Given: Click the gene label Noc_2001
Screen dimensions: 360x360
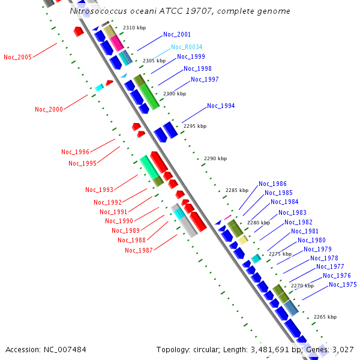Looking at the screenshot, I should point(176,35).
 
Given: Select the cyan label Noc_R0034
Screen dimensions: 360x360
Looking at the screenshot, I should point(186,47).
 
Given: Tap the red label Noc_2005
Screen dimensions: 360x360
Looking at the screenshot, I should point(17,58).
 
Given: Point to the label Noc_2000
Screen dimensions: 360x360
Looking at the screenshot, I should point(49,109).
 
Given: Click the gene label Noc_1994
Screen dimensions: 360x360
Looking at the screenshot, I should point(221,106).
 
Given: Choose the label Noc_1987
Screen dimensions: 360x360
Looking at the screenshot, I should point(139,250).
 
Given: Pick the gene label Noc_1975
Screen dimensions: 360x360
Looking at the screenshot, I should point(343,284).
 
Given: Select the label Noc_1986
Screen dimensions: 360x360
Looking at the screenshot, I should point(272,184).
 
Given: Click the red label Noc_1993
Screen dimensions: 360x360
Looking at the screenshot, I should point(99,190).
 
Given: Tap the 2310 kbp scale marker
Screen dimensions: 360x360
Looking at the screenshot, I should point(134,28).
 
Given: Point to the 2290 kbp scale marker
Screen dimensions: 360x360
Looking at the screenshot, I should point(215,158).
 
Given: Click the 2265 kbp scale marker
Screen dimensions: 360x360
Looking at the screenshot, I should point(325,317).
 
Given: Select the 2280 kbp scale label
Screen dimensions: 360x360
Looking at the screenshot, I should point(259,223).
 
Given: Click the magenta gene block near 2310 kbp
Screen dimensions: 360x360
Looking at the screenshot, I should point(116,43).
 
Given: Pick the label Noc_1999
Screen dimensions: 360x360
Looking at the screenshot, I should point(190,57).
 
